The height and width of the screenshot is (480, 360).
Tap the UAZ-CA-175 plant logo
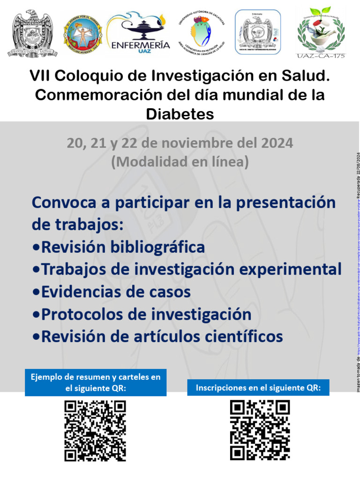[x=321, y=32]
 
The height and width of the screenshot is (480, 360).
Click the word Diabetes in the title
[x=180, y=113]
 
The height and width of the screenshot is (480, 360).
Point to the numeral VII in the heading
[x=39, y=76]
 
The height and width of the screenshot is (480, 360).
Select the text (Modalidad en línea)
[x=180, y=162]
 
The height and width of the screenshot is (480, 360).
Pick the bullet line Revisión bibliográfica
[x=118, y=247]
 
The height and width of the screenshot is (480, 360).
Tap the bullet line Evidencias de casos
[x=111, y=292]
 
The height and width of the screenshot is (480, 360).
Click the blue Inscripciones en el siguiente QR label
[x=258, y=388]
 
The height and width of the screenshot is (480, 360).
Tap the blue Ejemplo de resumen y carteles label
[x=95, y=382]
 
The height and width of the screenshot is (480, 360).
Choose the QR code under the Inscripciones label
[x=260, y=430]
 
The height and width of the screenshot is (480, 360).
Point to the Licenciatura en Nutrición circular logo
[x=201, y=32]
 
